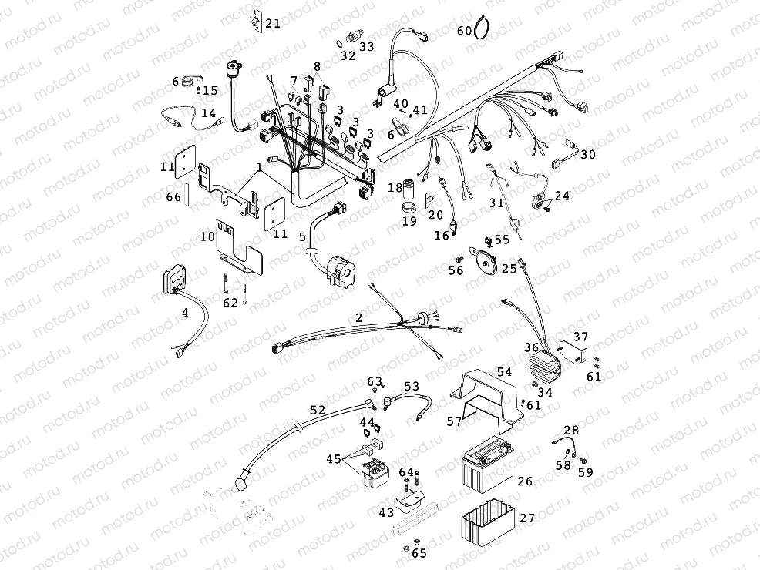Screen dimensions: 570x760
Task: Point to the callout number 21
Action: pyautogui.click(x=273, y=23)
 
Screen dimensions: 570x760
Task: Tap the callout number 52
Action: pyautogui.click(x=318, y=411)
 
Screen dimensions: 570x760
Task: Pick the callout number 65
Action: pyautogui.click(x=419, y=552)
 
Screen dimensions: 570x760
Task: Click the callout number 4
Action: pyautogui.click(x=184, y=313)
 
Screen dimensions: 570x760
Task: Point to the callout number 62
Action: pyautogui.click(x=230, y=303)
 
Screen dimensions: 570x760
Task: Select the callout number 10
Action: pyautogui.click(x=207, y=236)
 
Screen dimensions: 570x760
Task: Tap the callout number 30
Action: pyautogui.click(x=588, y=154)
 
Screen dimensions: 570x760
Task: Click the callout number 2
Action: pyautogui.click(x=358, y=317)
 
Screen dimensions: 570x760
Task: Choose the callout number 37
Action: pyautogui.click(x=580, y=337)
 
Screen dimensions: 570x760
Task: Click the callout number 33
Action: pyautogui.click(x=366, y=47)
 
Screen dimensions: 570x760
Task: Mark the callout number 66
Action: pyautogui.click(x=173, y=197)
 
